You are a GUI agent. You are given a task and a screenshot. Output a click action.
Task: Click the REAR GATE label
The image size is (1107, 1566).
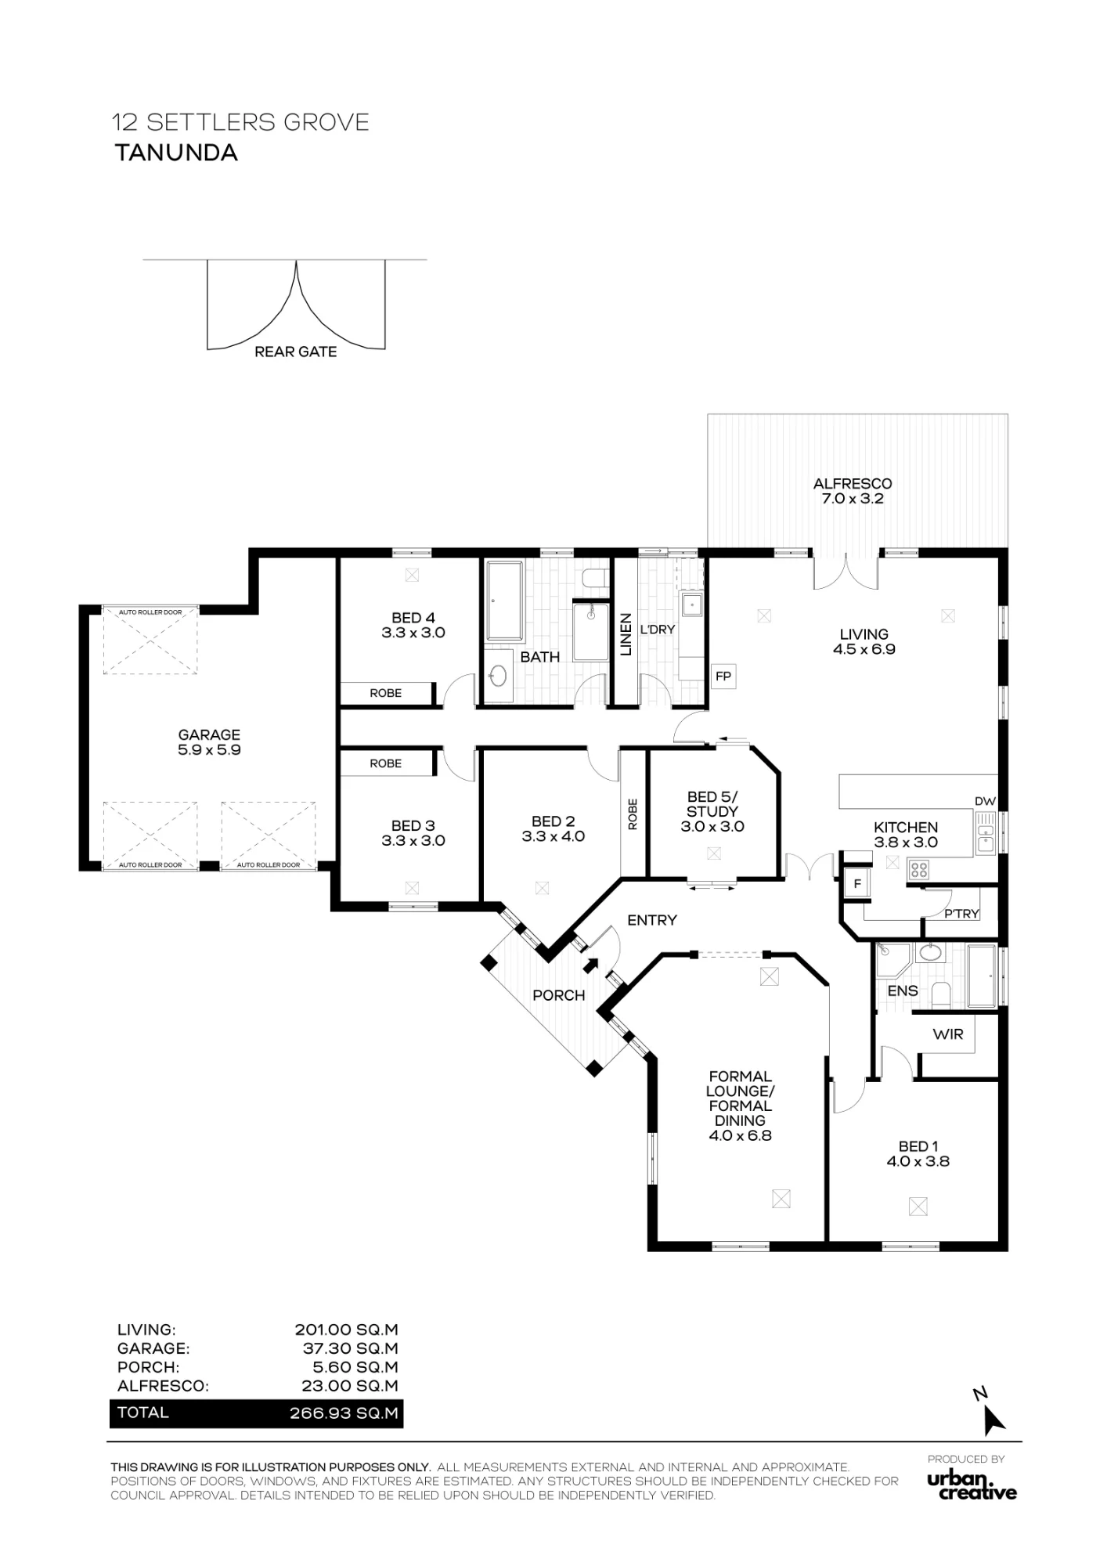[296, 352]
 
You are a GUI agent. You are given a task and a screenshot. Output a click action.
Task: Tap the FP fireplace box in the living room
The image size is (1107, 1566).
[723, 676]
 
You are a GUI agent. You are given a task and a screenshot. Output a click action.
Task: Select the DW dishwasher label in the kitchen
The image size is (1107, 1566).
[985, 801]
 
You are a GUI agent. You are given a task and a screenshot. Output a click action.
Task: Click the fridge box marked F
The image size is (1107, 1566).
[857, 884]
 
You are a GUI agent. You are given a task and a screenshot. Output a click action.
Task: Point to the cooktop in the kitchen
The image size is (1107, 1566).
[918, 869]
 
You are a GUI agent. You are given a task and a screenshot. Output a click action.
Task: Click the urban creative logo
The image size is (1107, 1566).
[972, 1485]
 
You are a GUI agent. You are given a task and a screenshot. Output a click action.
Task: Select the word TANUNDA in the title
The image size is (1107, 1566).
[176, 153]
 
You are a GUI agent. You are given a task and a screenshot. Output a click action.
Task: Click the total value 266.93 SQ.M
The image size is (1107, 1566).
[344, 1413]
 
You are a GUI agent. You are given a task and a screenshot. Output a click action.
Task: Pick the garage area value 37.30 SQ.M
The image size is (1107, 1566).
[350, 1348]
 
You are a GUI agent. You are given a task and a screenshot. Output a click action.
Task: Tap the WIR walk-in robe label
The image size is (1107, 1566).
[948, 1034]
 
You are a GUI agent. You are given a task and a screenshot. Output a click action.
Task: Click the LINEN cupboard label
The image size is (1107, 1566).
[626, 634]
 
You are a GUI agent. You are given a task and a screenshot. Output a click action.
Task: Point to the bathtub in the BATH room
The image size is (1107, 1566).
[503, 599]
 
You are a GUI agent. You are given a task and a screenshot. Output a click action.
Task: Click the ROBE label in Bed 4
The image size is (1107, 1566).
[386, 693]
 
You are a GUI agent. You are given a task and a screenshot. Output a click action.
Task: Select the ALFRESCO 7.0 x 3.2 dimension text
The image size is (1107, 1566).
[853, 499]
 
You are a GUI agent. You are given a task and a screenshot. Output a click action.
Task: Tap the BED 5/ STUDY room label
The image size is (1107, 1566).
[712, 811]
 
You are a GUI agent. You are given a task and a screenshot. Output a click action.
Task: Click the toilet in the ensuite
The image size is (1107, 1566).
[943, 994]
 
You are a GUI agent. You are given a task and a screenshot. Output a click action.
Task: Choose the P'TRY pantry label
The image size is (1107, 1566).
[962, 914]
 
